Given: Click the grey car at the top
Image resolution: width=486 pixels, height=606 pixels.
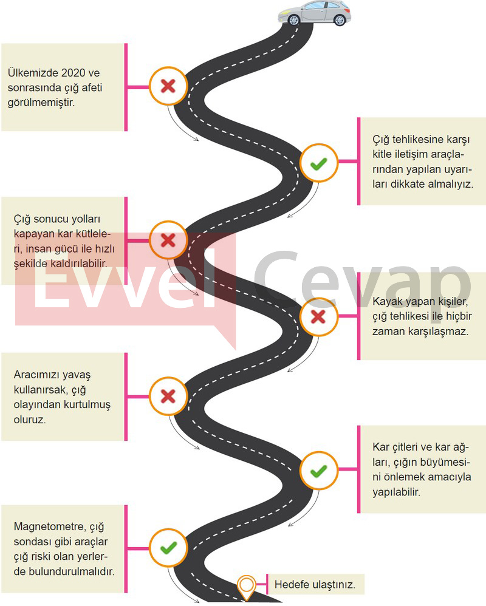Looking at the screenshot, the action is click(x=315, y=13).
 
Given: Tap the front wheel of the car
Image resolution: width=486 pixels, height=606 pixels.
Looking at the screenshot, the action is click(x=294, y=19).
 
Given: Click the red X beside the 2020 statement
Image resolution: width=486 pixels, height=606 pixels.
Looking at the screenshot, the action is click(x=168, y=86).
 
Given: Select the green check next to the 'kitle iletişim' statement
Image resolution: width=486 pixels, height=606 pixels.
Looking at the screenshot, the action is click(x=319, y=164).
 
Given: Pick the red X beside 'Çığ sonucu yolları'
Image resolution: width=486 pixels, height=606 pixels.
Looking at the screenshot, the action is click(x=168, y=240).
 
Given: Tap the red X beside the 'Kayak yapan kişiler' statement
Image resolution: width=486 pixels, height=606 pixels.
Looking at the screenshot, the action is click(x=318, y=317).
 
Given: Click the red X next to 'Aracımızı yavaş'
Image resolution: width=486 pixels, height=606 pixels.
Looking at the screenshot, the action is click(x=168, y=397).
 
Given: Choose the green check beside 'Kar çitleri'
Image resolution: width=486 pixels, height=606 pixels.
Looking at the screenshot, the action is click(x=319, y=471).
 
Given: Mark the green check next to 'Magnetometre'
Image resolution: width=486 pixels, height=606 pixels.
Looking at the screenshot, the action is click(x=168, y=548).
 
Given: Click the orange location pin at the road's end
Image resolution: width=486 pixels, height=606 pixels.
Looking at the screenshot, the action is click(x=246, y=587).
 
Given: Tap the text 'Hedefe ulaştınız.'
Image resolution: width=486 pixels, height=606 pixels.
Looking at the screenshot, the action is click(x=315, y=584).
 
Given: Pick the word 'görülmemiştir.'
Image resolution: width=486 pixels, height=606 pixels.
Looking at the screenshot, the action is click(x=41, y=103).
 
